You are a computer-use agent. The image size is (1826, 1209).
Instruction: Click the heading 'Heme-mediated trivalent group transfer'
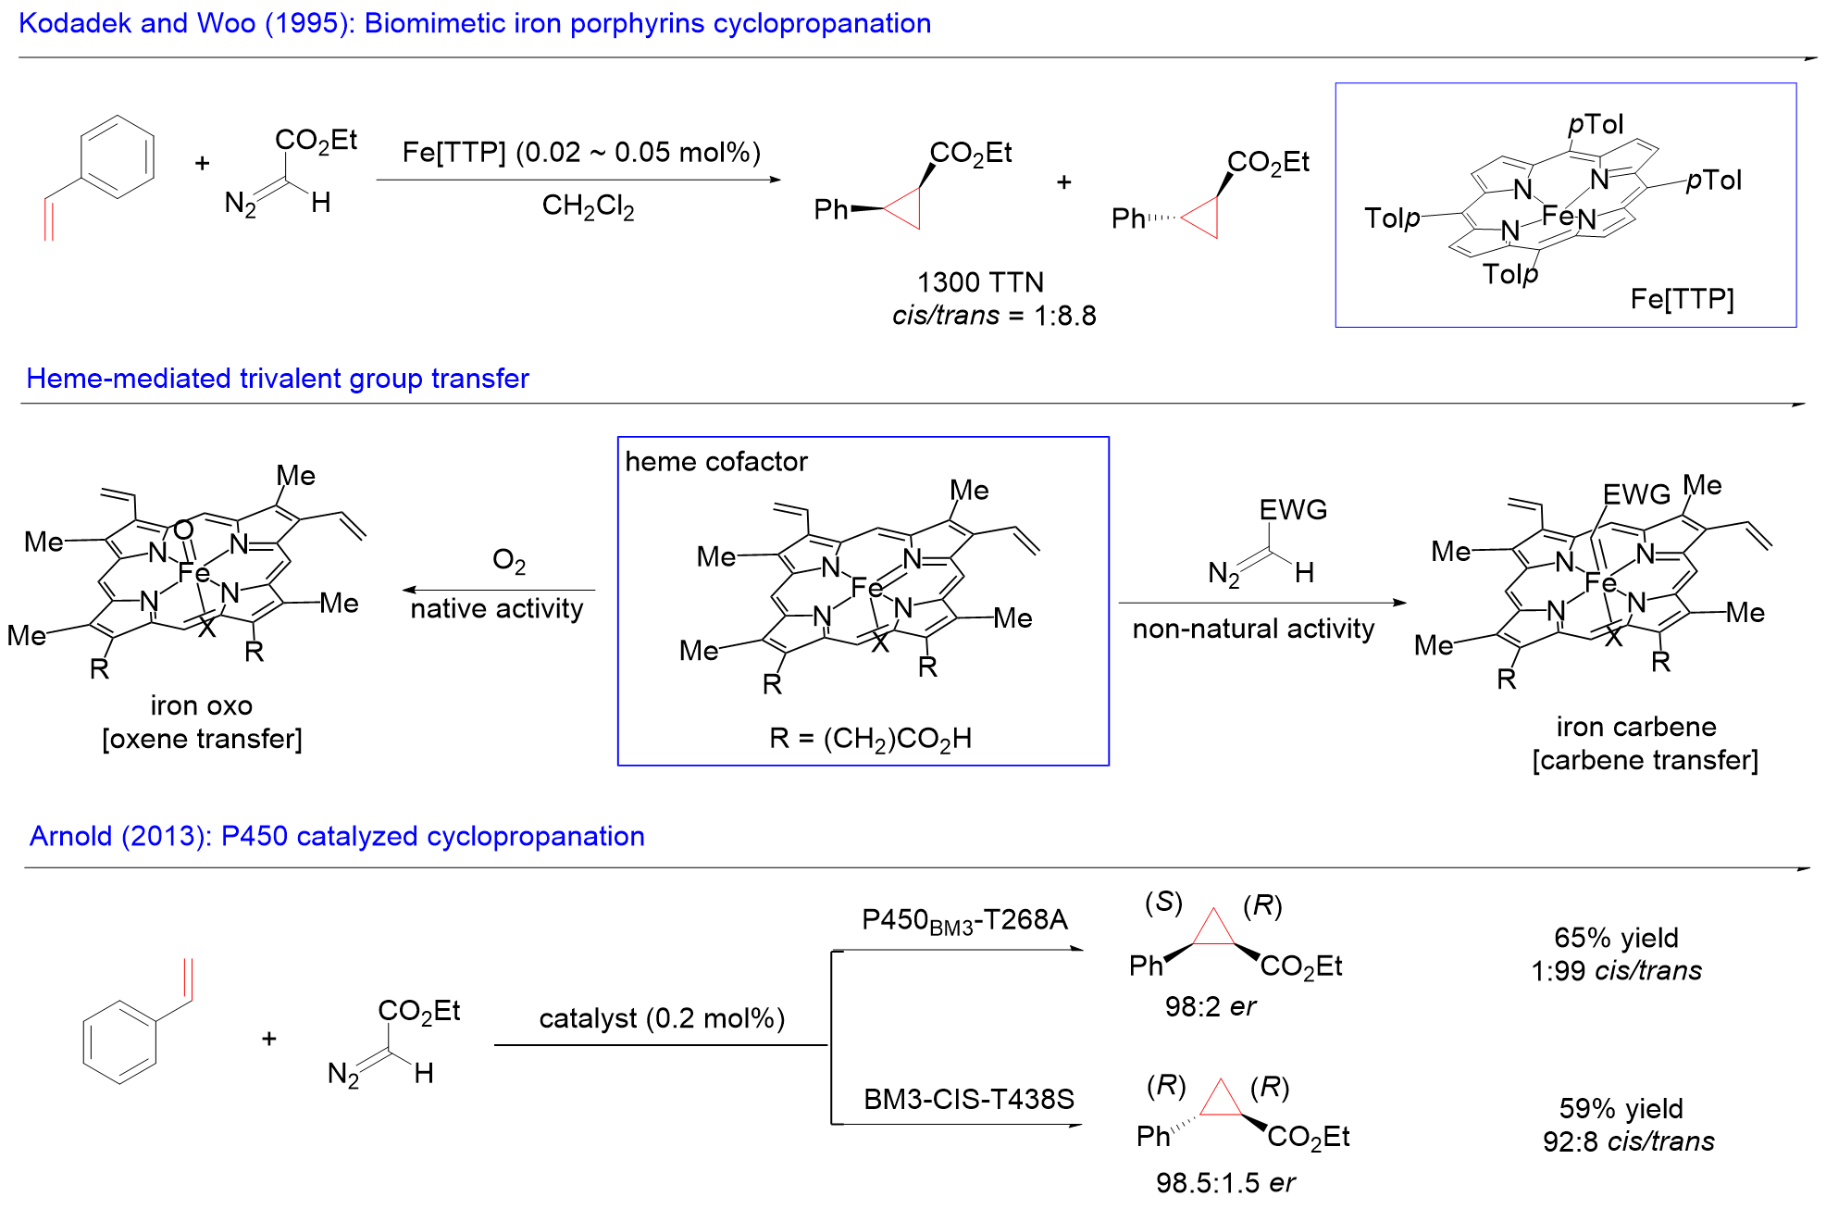[277, 379]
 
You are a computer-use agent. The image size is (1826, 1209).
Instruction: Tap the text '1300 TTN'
[980, 282]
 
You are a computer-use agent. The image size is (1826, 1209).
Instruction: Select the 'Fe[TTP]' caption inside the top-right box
[1682, 299]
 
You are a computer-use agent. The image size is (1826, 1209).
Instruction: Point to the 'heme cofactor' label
[715, 461]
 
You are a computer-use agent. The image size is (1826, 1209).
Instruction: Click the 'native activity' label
[497, 609]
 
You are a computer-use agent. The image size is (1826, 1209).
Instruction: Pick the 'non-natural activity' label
[1253, 629]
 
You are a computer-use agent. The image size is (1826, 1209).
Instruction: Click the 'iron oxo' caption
[201, 705]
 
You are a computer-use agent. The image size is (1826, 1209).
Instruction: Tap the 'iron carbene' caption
[1635, 727]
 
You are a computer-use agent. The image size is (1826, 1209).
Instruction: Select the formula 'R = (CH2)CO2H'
[870, 739]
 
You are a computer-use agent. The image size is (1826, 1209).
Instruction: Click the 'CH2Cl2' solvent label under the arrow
[588, 206]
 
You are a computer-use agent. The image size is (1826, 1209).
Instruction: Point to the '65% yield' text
[1616, 938]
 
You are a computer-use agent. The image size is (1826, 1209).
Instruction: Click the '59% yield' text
[1621, 1108]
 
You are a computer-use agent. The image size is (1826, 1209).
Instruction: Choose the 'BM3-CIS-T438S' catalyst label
[968, 1099]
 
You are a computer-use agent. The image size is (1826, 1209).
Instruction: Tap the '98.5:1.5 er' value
[1224, 1182]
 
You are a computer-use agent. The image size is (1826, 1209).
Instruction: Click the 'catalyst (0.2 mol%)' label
[662, 1018]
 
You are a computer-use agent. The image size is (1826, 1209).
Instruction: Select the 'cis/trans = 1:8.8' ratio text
[994, 316]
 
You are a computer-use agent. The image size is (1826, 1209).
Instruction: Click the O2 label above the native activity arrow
[509, 561]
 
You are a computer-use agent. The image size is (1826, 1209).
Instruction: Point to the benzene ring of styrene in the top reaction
[118, 156]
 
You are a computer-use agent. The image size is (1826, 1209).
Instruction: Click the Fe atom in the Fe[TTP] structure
[1557, 217]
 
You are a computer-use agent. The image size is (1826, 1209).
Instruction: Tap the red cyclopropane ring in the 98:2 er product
[1213, 929]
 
